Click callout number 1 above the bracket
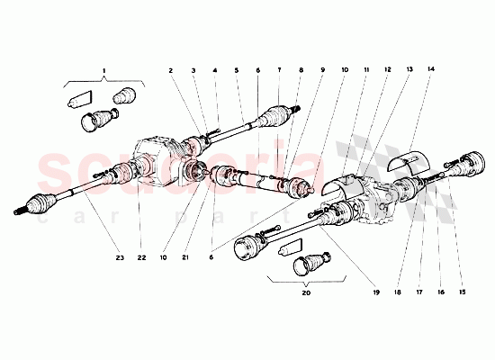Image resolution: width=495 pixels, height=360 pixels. click(103, 69)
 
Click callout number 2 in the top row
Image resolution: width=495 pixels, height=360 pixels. click(169, 69)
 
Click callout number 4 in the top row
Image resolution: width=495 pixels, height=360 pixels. click(215, 69)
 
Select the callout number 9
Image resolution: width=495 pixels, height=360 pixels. click(320, 69)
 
